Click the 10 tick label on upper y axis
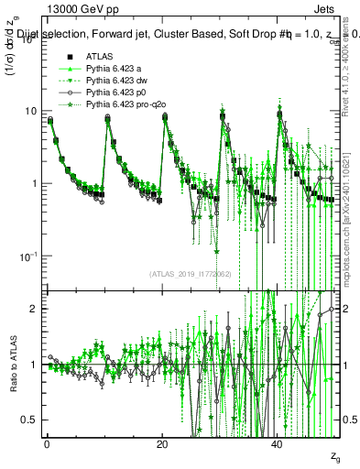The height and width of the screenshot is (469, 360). (x=31, y=111)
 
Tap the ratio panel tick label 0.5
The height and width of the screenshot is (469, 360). (x=31, y=420)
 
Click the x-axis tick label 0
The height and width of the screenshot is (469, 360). (x=47, y=442)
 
